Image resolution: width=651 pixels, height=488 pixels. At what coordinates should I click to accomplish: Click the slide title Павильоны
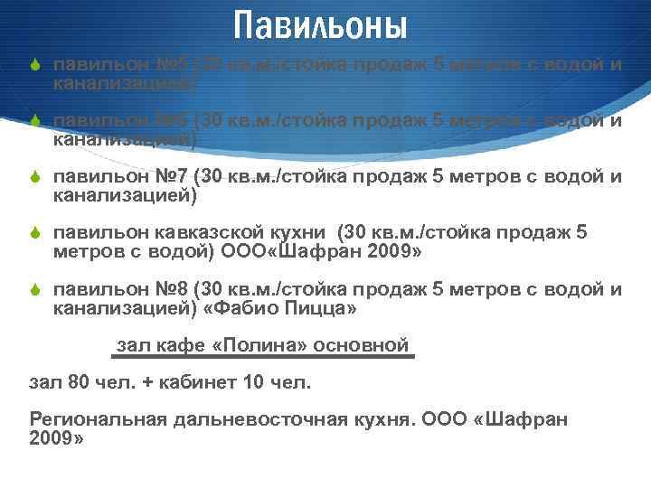(x=320, y=24)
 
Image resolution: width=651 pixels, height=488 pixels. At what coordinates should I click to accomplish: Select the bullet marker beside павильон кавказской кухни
(x=35, y=234)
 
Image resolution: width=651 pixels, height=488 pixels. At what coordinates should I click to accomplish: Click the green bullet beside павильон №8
(x=35, y=290)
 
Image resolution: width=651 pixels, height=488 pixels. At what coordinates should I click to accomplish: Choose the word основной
(x=368, y=345)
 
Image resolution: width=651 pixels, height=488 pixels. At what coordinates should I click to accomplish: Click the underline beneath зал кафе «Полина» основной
(x=263, y=357)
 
